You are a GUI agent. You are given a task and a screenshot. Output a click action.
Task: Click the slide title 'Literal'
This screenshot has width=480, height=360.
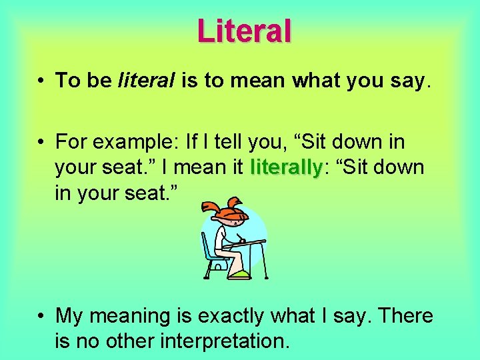244,31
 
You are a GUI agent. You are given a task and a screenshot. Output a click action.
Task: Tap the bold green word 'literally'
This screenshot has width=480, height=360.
285,167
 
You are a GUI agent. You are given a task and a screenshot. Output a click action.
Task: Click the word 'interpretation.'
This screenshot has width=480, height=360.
203,341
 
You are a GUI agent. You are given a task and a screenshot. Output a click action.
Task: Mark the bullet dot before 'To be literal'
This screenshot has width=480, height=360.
41,82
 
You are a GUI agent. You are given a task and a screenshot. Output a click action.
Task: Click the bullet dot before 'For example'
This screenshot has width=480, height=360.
41,142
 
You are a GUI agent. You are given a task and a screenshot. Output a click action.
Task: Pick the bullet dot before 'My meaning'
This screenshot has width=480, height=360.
41,316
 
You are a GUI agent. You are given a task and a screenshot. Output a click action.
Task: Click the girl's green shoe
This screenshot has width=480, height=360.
239,274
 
